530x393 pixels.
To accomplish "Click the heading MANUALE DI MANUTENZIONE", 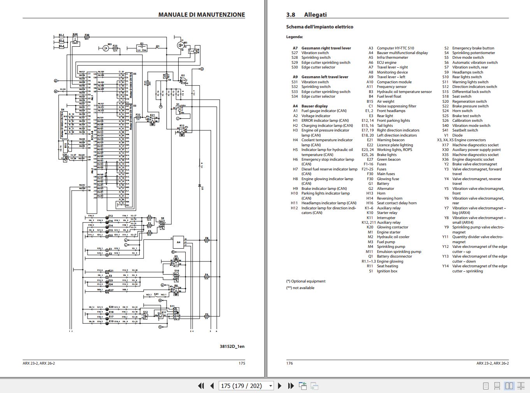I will point(201,15).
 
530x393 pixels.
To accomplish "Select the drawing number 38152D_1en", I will point(232,346).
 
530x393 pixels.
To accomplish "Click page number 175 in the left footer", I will point(242,363).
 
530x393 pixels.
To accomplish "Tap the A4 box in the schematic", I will point(179,242).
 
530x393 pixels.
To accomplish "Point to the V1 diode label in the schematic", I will point(202,188).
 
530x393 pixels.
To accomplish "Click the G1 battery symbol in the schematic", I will point(142,47).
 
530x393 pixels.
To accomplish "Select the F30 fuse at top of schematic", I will point(87,37).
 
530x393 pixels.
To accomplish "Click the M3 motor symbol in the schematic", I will point(106,48).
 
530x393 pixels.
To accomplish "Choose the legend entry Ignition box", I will point(387,271).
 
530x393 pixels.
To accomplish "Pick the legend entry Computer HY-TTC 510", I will point(395,48).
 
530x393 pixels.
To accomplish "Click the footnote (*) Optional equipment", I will point(306,281).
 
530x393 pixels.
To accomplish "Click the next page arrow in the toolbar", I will point(279,386).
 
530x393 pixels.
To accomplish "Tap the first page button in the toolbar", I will point(201,386).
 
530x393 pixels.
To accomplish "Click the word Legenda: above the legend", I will point(294,37).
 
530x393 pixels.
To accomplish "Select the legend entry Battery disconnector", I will point(394,256).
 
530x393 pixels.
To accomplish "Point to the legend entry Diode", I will point(457,135).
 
